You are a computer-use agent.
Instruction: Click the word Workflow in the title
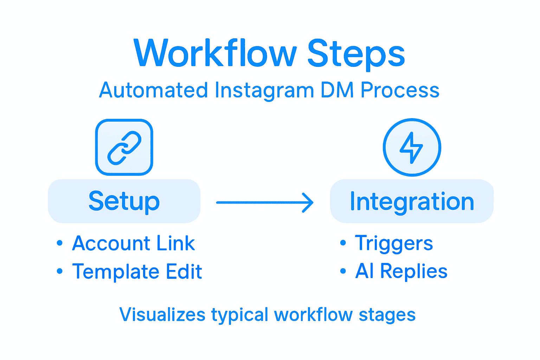[215, 53]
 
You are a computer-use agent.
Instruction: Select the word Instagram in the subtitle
[264, 90]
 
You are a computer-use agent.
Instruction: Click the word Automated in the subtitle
[153, 90]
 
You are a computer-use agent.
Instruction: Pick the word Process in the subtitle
[400, 90]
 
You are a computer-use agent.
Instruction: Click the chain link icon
[124, 147]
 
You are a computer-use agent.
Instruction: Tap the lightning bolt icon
[412, 147]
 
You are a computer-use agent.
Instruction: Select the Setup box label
[124, 201]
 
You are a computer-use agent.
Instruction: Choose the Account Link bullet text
[133, 243]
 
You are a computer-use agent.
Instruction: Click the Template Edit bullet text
[137, 271]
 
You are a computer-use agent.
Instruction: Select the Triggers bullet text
[394, 243]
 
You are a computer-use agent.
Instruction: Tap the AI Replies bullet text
[401, 271]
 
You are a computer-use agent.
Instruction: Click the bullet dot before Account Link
[60, 243]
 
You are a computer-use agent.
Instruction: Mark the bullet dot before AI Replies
[343, 271]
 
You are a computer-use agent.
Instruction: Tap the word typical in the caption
[239, 315]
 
